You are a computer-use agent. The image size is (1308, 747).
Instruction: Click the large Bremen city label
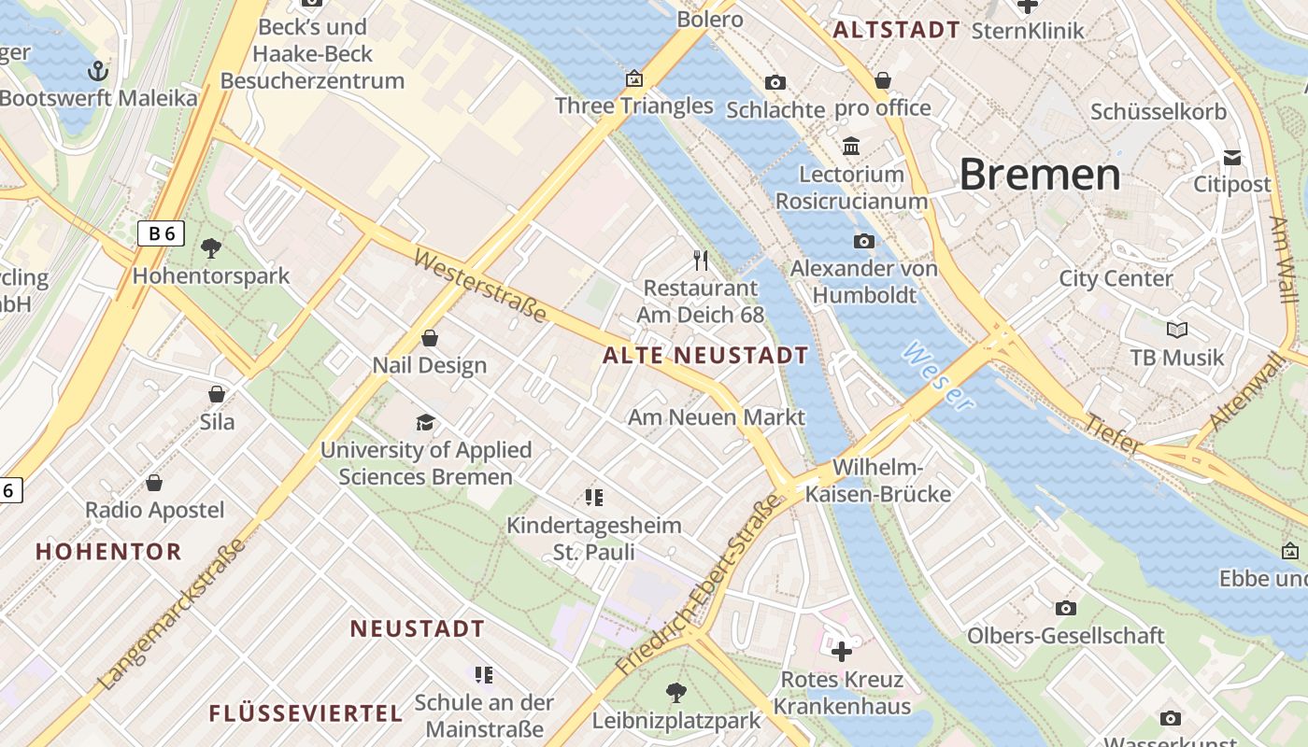1039,175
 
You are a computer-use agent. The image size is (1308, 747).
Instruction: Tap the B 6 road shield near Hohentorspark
161,233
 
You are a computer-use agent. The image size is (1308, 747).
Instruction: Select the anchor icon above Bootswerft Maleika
97,70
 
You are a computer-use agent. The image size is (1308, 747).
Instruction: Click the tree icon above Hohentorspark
211,248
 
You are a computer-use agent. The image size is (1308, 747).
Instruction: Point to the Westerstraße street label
479,285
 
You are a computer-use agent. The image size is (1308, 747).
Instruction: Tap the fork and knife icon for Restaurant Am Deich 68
701,260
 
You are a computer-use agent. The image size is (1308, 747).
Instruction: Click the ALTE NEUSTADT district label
705,356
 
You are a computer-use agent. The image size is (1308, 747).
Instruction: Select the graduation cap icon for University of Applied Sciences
425,422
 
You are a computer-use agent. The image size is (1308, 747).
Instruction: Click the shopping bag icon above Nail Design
430,337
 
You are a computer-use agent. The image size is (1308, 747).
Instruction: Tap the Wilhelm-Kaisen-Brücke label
877,480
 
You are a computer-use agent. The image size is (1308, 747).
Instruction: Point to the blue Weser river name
937,375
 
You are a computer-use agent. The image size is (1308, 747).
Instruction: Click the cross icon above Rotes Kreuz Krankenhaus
841,651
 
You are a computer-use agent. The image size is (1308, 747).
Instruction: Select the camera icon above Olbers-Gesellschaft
1065,608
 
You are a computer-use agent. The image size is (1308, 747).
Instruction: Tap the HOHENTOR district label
108,552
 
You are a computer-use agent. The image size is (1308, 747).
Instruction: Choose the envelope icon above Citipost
1232,157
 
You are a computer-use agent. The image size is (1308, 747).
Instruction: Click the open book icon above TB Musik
1177,330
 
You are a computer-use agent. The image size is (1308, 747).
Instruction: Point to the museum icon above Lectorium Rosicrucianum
851,146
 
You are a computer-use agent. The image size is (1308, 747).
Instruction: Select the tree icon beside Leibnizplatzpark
675,692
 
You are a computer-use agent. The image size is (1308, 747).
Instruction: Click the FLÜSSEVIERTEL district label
306,714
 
